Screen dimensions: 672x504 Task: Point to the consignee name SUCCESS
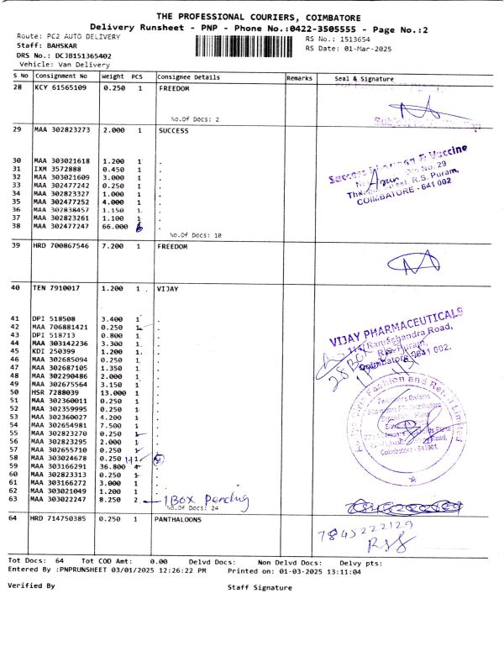point(174,131)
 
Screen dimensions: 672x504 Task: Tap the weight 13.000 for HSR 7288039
point(114,392)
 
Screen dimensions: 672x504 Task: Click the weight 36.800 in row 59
point(114,465)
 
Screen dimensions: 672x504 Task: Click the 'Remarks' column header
point(299,77)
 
